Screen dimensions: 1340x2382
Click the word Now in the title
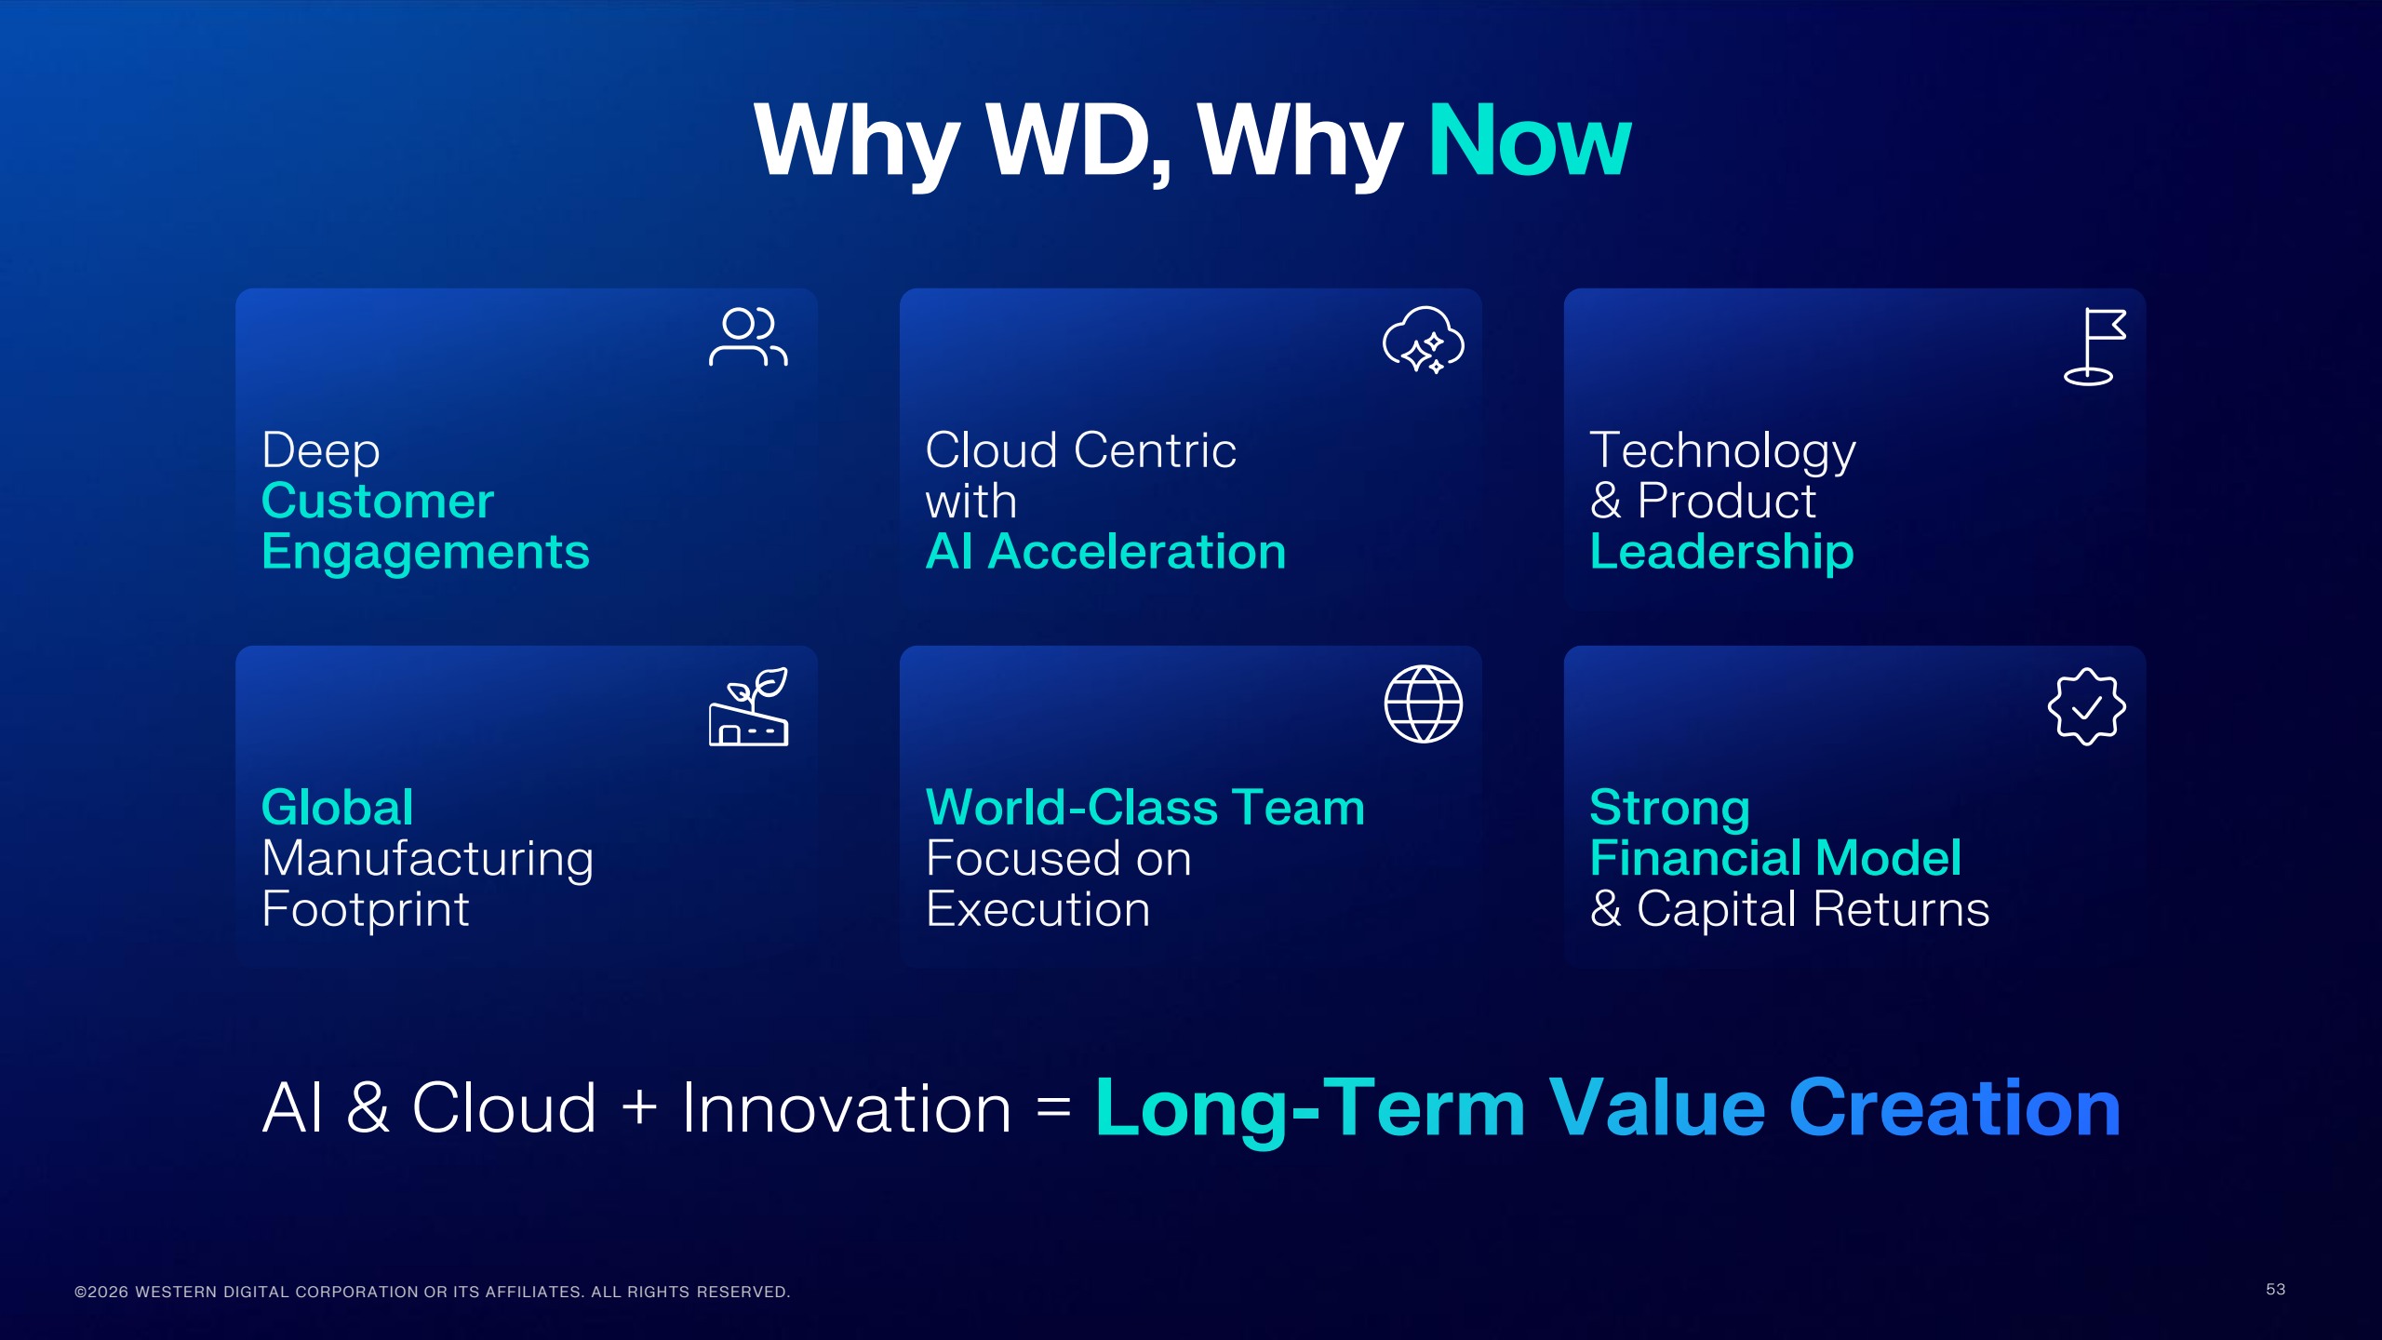(1529, 141)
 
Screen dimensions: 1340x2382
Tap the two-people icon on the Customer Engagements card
(748, 336)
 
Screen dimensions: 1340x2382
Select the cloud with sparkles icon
(1423, 340)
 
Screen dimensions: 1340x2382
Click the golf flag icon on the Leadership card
(2094, 346)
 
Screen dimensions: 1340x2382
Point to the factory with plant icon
(748, 707)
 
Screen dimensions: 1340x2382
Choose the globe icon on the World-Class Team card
(1423, 703)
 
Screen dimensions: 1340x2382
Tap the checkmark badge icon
(2086, 706)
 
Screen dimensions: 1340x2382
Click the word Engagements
(425, 552)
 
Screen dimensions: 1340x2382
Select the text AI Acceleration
(1105, 552)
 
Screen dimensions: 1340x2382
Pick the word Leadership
(1721, 552)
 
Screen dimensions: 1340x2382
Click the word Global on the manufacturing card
(337, 807)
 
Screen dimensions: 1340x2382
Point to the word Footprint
(365, 909)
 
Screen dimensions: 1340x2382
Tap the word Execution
(1037, 909)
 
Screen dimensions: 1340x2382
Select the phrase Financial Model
(1775, 857)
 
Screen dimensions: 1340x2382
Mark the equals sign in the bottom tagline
(1053, 1107)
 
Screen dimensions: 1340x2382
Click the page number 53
(2275, 1289)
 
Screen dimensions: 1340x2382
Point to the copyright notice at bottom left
(432, 1292)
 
